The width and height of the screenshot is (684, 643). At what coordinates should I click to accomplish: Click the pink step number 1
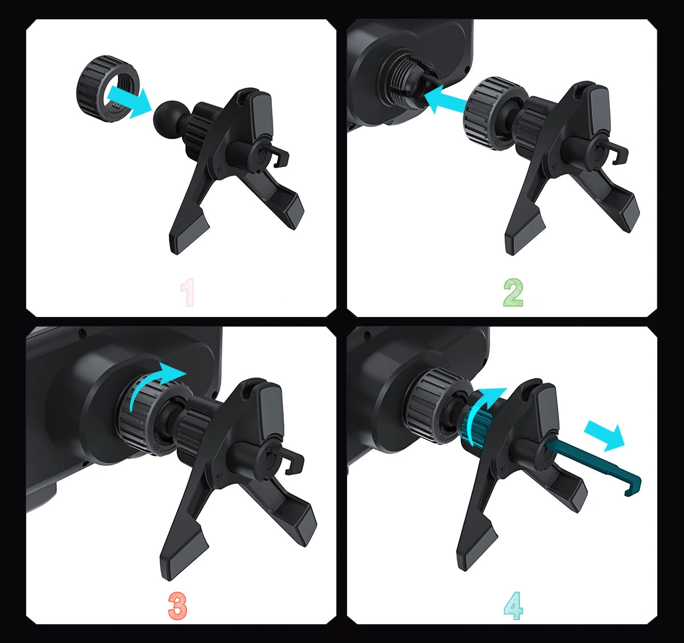187,292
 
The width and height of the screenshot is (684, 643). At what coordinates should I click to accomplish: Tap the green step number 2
513,292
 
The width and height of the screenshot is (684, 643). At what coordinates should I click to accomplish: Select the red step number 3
177,605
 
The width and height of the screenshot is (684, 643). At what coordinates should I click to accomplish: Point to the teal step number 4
513,605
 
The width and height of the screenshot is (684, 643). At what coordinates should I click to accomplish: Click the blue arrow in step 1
129,100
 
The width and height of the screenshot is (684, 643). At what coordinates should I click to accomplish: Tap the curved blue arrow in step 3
154,381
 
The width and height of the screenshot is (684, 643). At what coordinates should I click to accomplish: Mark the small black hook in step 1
279,157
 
